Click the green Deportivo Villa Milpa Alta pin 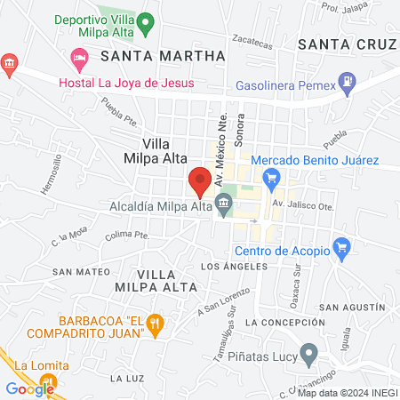pos(148,20)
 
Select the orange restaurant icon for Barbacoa pos(156,325)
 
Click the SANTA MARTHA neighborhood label pos(163,56)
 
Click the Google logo pos(29,388)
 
